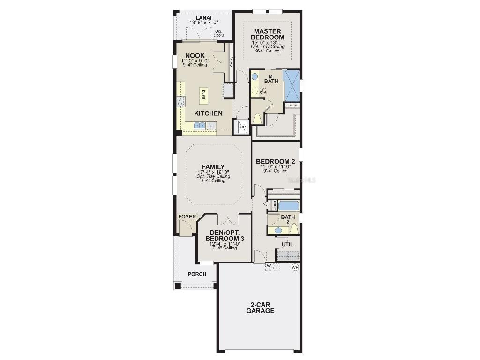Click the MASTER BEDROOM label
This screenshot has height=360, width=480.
(267, 34)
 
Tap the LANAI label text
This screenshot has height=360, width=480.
(203, 18)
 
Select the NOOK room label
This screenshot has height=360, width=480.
(195, 55)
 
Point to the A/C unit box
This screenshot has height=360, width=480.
(242, 127)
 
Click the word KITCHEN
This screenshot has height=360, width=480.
(208, 113)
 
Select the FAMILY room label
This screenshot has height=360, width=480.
(213, 167)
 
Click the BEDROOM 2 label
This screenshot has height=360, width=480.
(275, 161)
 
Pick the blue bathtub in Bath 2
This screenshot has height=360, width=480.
(288, 206)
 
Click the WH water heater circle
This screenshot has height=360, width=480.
(295, 267)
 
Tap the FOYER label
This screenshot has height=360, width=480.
(187, 217)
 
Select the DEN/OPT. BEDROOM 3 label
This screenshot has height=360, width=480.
(225, 236)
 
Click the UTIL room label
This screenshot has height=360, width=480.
(287, 244)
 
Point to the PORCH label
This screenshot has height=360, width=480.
(197, 274)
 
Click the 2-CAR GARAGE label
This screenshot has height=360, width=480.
(260, 307)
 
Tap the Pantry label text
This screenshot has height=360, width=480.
(232, 62)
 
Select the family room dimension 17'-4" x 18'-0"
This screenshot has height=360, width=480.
(213, 172)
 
